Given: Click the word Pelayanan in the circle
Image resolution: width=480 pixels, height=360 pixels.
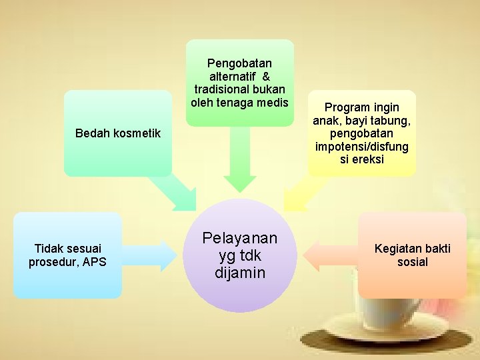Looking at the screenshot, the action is [x=239, y=239].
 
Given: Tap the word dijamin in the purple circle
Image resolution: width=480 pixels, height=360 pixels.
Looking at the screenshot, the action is [x=239, y=273].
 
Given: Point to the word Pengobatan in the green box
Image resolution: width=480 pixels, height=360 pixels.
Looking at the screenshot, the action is [x=239, y=63].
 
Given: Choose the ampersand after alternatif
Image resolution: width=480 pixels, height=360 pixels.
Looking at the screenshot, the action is [x=265, y=76].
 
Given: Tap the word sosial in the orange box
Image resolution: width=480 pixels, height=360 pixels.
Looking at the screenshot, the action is [x=412, y=262].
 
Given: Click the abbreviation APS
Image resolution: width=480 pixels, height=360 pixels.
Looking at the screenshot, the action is [x=94, y=262].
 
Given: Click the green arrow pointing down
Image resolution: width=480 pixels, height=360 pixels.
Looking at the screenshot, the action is [x=239, y=163].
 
